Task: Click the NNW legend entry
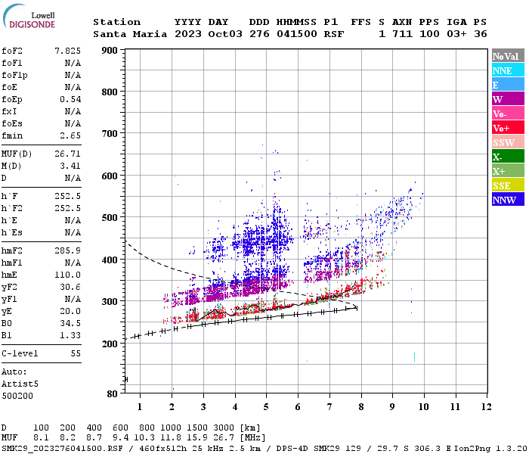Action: click(x=507, y=200)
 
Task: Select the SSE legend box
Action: click(x=507, y=185)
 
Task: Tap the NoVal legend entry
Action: click(x=507, y=56)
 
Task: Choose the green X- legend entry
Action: click(x=507, y=157)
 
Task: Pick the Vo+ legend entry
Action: click(x=507, y=128)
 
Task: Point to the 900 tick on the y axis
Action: click(x=110, y=51)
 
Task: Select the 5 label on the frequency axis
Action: click(x=266, y=408)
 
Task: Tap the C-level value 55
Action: click(x=76, y=353)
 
